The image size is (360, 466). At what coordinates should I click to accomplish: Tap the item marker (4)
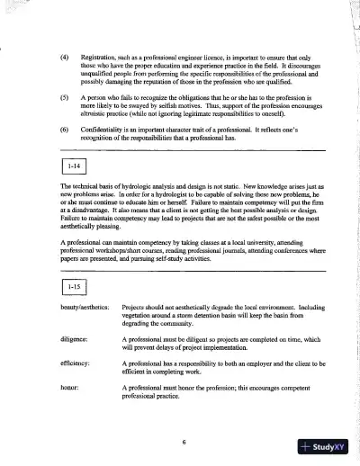64,56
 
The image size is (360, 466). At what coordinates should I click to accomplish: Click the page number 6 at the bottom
183,443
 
